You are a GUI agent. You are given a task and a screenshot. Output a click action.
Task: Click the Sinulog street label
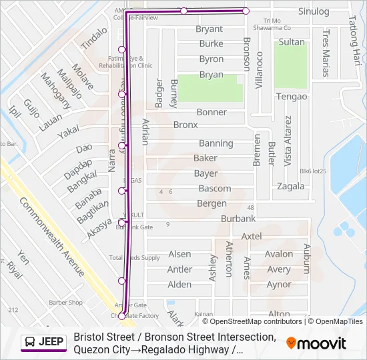[x=314, y=11]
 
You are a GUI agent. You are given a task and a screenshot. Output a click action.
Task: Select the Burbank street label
[x=238, y=219]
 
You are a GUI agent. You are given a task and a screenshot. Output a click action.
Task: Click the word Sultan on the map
[x=292, y=42]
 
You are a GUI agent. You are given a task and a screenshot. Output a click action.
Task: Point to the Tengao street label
[x=292, y=97]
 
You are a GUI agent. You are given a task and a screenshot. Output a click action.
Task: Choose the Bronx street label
[x=186, y=125]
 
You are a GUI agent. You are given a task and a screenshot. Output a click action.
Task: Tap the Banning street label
[x=216, y=143]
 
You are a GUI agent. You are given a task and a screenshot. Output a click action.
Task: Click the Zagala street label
[x=291, y=186]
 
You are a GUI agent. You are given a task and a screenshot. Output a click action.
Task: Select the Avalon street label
[x=278, y=254]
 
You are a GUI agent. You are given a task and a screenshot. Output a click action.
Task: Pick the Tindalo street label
[x=93, y=39]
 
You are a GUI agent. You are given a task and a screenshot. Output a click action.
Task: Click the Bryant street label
[x=209, y=29]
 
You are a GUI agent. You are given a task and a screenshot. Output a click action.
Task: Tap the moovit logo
[x=316, y=343]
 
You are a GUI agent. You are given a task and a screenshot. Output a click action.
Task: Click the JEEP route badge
[x=44, y=342]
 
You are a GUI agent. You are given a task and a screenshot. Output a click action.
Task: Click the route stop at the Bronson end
[x=246, y=11]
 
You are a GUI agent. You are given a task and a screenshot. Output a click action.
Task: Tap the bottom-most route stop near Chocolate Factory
[x=121, y=316]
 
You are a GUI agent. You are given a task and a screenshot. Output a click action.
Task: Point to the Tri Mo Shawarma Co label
[x=278, y=24]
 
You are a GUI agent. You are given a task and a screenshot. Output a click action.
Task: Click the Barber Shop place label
[x=65, y=302]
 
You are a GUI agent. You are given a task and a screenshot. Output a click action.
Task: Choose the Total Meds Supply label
[x=135, y=257]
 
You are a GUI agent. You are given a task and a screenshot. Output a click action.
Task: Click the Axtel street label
[x=252, y=237]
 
